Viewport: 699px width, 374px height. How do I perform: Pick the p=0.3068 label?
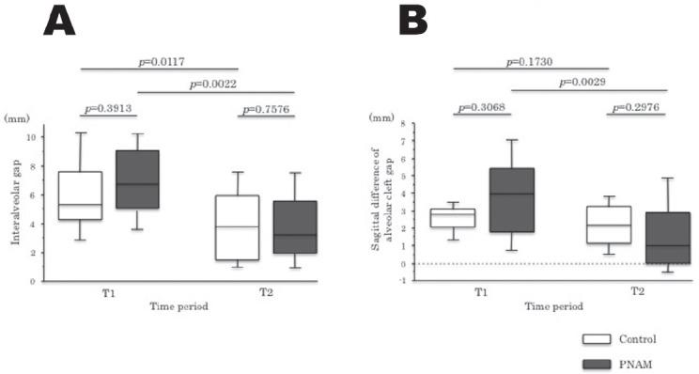click(482, 106)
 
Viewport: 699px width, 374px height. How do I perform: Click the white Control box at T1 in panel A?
click(80, 195)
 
